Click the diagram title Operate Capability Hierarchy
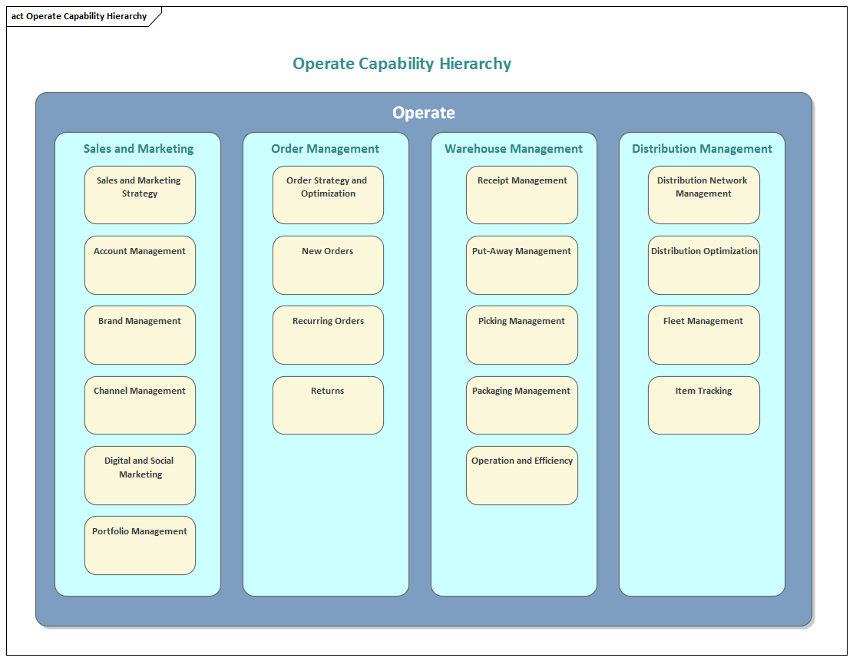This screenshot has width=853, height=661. pyautogui.click(x=402, y=64)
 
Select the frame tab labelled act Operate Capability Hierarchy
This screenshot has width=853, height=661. pyautogui.click(x=79, y=16)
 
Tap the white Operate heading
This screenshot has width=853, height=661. pyautogui.click(x=423, y=113)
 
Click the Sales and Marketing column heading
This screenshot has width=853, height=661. pyautogui.click(x=138, y=149)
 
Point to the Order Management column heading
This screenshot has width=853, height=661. pyautogui.click(x=325, y=149)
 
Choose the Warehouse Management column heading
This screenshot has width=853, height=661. pyautogui.click(x=514, y=149)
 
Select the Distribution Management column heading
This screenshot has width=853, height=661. pyautogui.click(x=702, y=149)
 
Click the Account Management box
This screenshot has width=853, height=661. pyautogui.click(x=140, y=265)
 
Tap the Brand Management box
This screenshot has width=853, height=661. pyautogui.click(x=140, y=335)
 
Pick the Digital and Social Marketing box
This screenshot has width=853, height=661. pyautogui.click(x=140, y=475)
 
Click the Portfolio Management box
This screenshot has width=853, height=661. pyautogui.click(x=140, y=545)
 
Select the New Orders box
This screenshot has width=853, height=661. pyautogui.click(x=328, y=265)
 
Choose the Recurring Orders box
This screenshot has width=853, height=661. pyautogui.click(x=328, y=335)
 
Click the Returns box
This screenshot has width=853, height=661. pyautogui.click(x=328, y=405)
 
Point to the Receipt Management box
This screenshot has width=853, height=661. pyautogui.click(x=522, y=195)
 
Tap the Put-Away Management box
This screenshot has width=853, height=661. pyautogui.click(x=522, y=265)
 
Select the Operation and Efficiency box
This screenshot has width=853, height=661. pyautogui.click(x=522, y=475)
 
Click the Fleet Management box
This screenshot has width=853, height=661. pyautogui.click(x=703, y=335)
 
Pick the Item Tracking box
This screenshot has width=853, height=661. pyautogui.click(x=703, y=405)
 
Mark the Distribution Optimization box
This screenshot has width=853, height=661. pyautogui.click(x=703, y=265)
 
